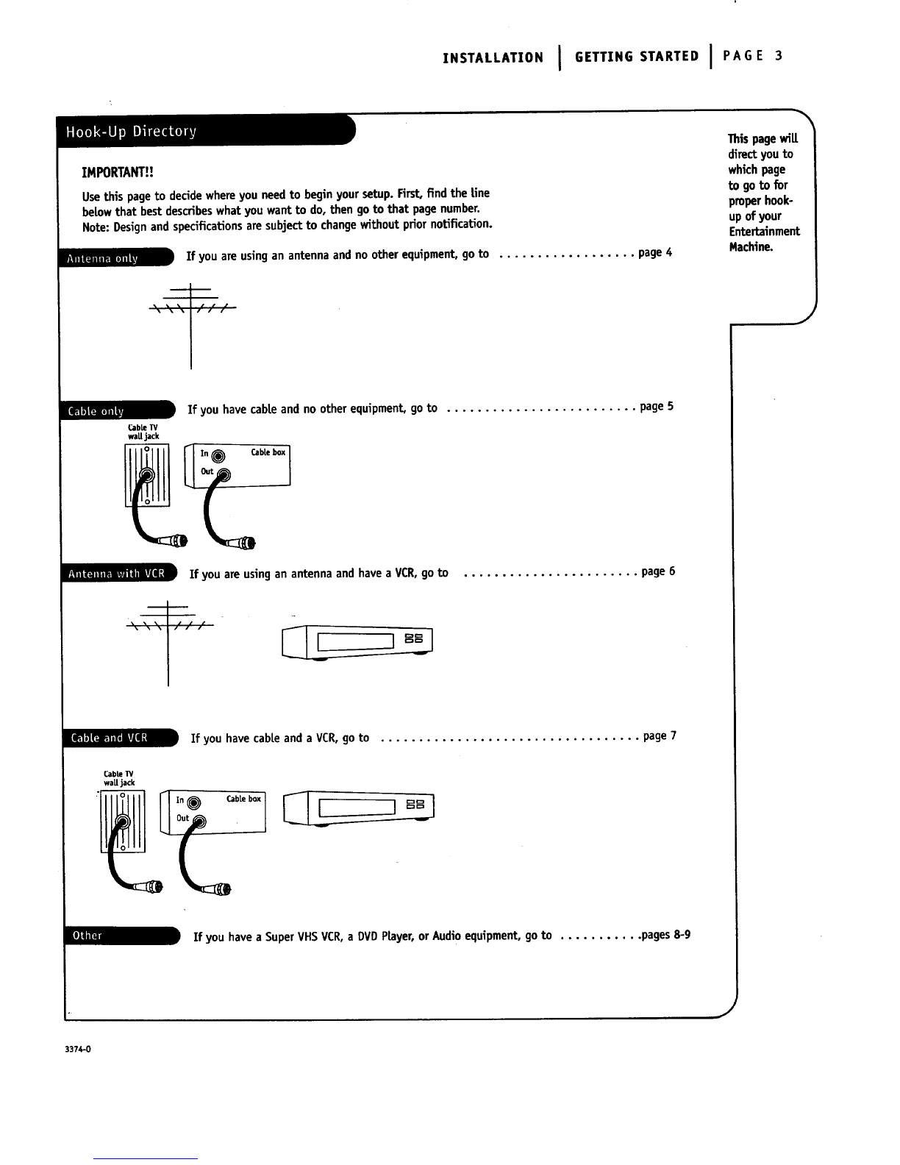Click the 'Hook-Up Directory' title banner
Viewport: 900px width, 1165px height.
click(206, 131)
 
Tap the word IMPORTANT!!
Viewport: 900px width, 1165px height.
click(118, 172)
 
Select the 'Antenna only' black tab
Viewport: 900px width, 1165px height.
click(116, 257)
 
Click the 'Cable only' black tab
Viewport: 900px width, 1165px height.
click(118, 410)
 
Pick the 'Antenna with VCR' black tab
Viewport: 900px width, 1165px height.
click(120, 573)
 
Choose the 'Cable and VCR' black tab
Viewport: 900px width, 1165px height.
click(121, 738)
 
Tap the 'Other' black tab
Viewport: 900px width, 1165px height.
click(122, 936)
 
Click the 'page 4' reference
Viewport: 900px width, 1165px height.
click(655, 252)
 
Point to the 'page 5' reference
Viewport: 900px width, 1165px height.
click(657, 407)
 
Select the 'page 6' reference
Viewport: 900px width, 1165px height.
click(658, 571)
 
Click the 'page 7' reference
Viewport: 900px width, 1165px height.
click(660, 736)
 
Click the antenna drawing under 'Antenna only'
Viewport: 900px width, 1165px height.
click(191, 326)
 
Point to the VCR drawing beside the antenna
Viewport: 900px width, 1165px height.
click(357, 642)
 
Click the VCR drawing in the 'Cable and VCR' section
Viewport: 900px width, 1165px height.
click(358, 808)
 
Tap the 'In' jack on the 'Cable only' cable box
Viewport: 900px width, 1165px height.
click(218, 456)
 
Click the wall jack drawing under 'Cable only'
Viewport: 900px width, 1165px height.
click(147, 475)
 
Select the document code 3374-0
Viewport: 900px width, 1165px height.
click(78, 1050)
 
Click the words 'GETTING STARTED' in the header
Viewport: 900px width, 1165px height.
click(637, 57)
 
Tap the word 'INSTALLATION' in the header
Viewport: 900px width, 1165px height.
click(493, 57)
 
